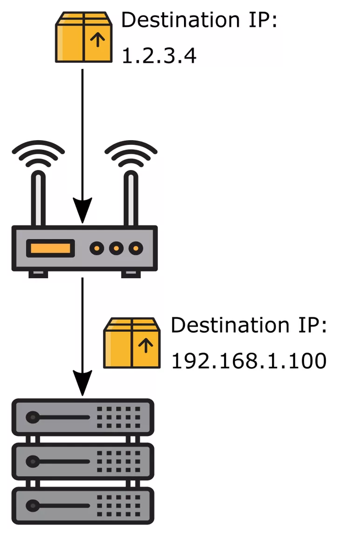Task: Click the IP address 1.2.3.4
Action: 159,56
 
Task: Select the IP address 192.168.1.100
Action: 249,361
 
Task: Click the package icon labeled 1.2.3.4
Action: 84,37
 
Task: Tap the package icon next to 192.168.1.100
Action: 132,343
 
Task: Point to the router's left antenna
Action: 38,198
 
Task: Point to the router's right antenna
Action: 131,198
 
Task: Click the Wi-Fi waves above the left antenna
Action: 38,153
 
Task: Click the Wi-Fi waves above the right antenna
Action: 131,153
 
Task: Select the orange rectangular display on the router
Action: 50,248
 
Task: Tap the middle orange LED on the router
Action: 116,248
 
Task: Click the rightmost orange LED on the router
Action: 136,248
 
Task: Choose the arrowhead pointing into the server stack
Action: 82,383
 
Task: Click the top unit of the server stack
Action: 82,417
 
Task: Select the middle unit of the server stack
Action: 82,461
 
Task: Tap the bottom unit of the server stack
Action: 82,505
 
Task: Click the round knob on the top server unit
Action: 32,417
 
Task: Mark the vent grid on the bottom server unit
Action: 119,505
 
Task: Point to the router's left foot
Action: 38,274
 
